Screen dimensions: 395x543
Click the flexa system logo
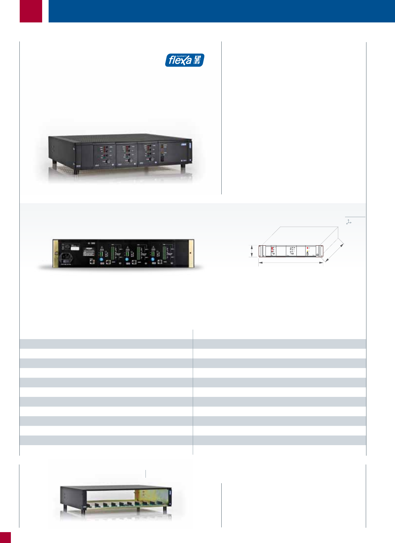click(185, 60)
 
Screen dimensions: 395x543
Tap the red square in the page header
click(31, 11)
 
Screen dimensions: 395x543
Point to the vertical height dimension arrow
click(252, 251)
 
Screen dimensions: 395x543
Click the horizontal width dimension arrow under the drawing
click(291, 262)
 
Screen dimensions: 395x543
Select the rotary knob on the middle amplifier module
click(130, 160)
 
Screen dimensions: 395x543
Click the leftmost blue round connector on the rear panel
click(101, 260)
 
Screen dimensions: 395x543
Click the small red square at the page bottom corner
click(5, 538)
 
